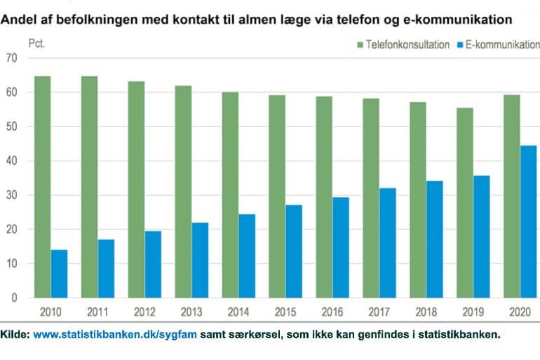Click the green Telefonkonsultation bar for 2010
[42, 187]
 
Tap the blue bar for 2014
[248, 256]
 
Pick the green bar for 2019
[465, 203]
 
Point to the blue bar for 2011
[107, 269]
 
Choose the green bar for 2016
[324, 197]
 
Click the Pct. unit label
[37, 44]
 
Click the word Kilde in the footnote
[14, 335]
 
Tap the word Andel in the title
[19, 18]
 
